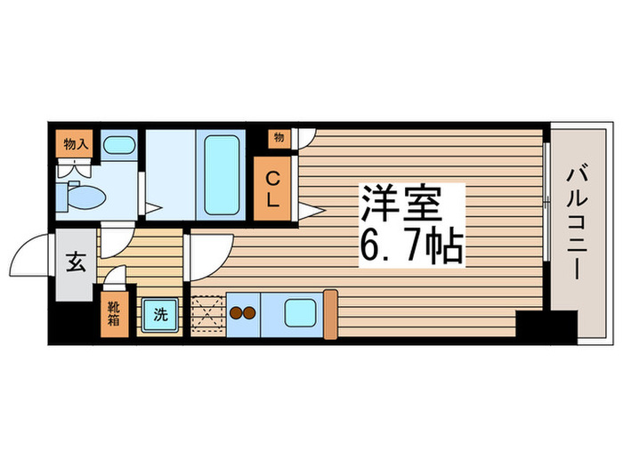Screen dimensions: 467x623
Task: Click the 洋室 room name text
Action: [402, 204]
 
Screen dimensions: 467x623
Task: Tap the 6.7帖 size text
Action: [411, 246]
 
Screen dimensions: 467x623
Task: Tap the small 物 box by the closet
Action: [279, 138]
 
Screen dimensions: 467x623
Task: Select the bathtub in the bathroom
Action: [224, 174]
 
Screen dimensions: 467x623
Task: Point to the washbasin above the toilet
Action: [118, 145]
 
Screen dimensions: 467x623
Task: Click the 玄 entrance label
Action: [76, 264]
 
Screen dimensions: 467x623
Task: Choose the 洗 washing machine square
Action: [160, 314]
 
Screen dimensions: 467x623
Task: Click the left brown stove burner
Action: [237, 313]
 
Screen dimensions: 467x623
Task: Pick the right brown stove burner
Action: [250, 313]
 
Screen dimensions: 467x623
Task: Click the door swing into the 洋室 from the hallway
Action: [210, 254]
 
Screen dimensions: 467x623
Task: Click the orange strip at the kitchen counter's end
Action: [330, 313]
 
